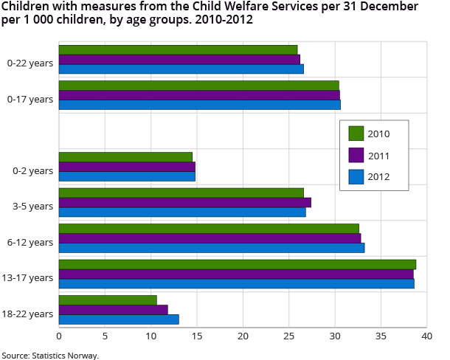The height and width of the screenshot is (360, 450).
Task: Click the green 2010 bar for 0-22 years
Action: click(178, 49)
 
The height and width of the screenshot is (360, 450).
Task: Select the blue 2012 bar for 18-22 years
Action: click(118, 319)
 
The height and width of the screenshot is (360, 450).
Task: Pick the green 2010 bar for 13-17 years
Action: click(237, 264)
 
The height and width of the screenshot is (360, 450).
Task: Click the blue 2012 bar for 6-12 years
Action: click(211, 248)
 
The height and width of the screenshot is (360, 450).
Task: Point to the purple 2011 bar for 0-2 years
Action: click(127, 167)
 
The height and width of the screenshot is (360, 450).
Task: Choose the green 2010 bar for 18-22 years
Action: click(108, 300)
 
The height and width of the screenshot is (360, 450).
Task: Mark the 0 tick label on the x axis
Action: click(59, 336)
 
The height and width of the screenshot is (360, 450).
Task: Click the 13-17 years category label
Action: click(29, 277)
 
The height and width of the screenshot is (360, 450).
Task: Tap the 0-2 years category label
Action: click(32, 170)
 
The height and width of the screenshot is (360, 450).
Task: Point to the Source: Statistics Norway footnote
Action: click(50, 355)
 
